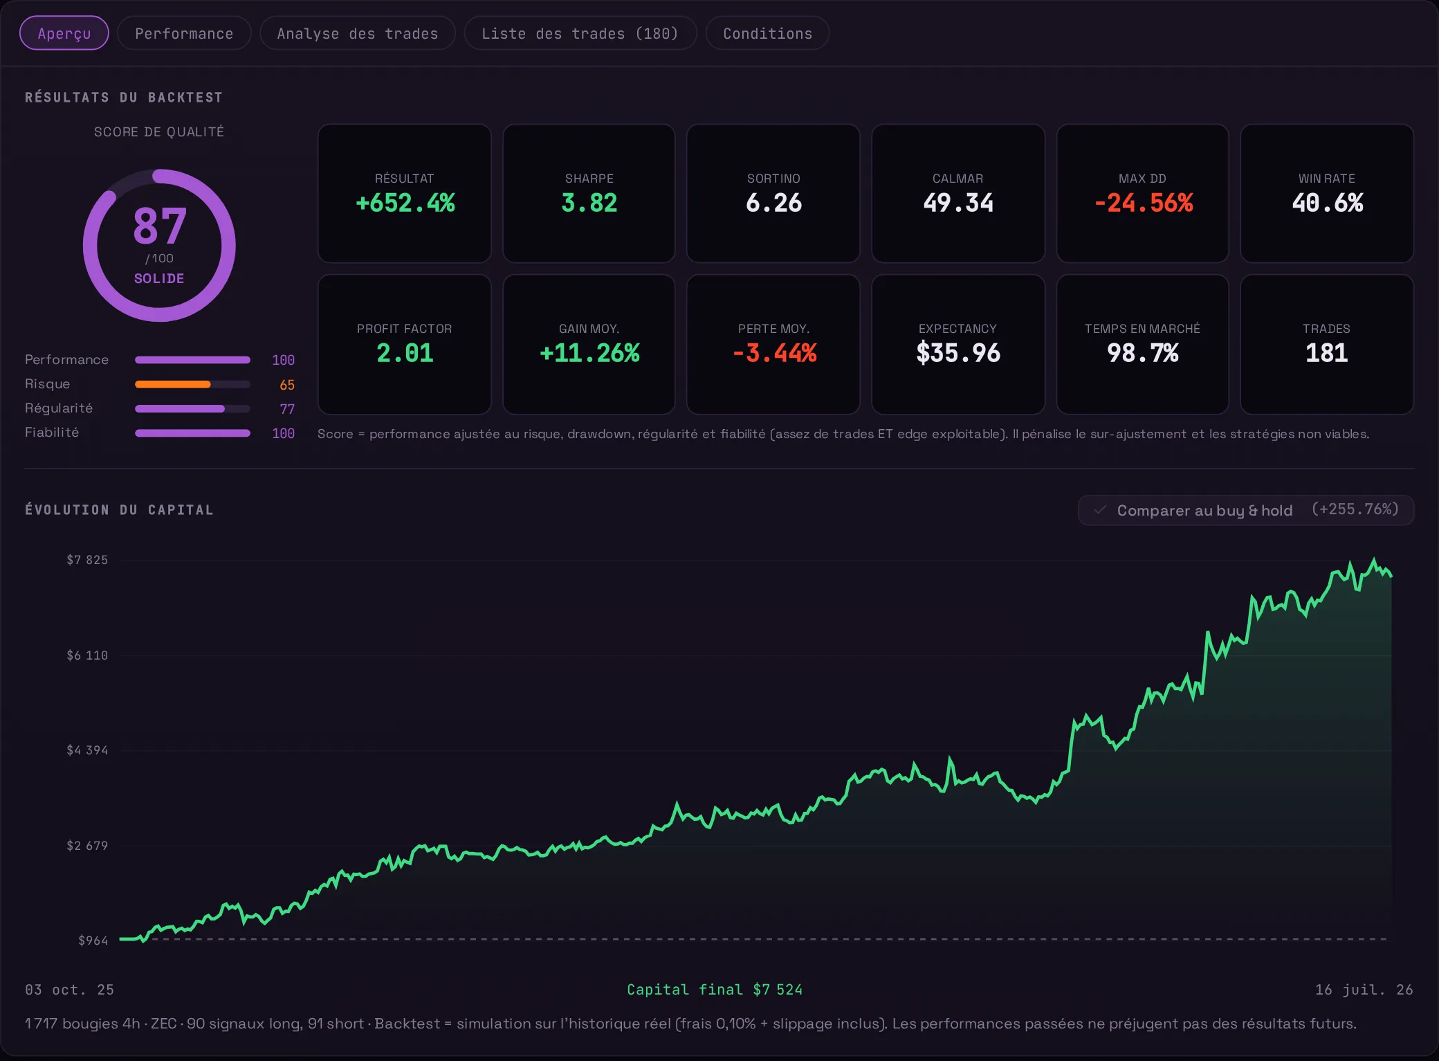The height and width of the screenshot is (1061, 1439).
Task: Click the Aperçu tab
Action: (64, 33)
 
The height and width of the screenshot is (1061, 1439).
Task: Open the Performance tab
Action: (184, 33)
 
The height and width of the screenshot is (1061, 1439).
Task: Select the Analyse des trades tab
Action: (357, 33)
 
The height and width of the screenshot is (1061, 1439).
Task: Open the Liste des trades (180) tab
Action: (580, 33)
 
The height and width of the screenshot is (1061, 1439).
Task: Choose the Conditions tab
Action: (767, 33)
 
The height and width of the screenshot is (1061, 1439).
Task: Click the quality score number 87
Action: (160, 226)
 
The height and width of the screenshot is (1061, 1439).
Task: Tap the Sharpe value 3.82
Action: (589, 203)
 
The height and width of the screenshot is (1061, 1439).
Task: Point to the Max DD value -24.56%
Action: (1143, 203)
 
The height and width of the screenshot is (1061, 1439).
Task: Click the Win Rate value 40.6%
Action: (1327, 203)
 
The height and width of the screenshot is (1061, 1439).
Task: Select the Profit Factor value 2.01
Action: (405, 353)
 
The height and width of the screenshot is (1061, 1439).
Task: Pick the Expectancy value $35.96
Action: (958, 353)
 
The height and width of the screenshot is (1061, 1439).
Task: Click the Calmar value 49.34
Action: (958, 203)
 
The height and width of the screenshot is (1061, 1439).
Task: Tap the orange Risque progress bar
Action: (172, 384)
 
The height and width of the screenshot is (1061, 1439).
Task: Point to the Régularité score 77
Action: (287, 409)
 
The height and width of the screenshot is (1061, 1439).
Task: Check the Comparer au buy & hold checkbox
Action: (1100, 510)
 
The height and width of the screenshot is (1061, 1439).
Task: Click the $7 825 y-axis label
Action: (87, 560)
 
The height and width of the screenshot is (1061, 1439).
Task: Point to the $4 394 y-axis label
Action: (87, 750)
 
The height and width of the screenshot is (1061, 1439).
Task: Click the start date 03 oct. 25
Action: (69, 990)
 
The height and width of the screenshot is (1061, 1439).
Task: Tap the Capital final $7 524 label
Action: (715, 990)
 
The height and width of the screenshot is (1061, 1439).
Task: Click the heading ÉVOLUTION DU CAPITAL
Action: (119, 510)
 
